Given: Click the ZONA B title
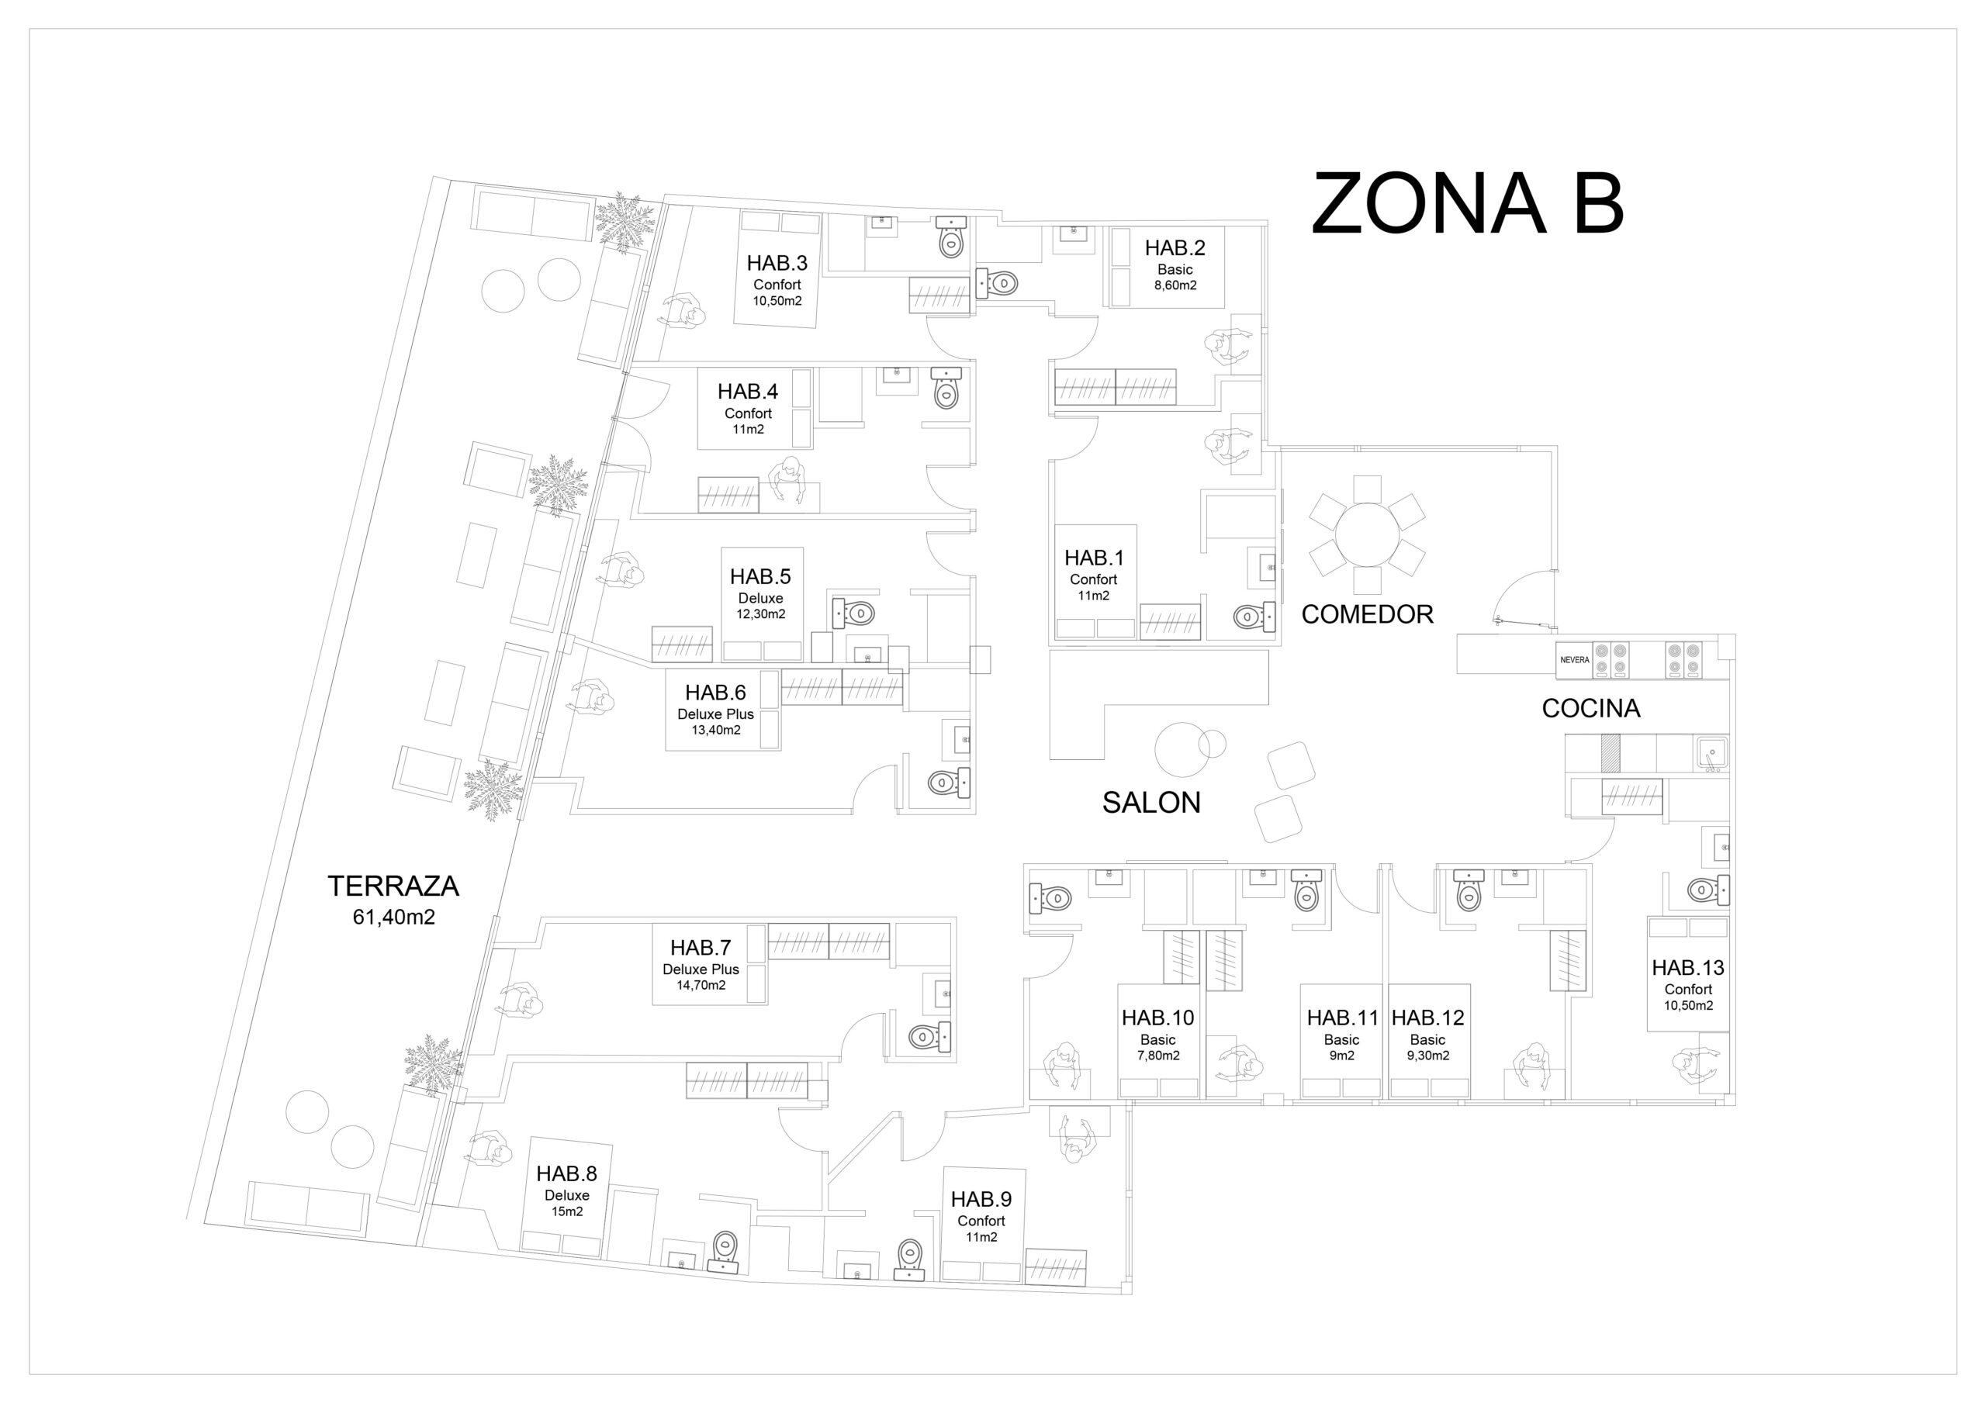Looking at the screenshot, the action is [1467, 203].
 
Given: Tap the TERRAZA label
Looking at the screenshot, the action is [393, 886].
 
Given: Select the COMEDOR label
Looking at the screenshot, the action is [1368, 614].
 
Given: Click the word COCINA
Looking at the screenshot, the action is [1590, 708].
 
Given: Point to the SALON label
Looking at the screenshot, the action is [1151, 803].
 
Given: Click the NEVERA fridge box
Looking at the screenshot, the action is [1574, 660].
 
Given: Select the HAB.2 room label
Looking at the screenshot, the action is [1175, 248].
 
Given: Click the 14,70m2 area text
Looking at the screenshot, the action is [701, 985].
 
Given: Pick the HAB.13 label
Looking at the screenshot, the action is [1687, 968].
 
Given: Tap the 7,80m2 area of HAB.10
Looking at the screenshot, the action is [1158, 1056].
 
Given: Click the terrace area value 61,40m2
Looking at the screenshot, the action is [393, 917].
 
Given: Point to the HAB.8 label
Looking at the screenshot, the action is [566, 1173].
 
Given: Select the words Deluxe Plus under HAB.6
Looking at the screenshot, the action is [715, 714].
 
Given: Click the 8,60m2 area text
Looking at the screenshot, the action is [1175, 285].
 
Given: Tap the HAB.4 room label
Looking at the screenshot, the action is [747, 392].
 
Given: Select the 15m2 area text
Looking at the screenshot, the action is [566, 1212].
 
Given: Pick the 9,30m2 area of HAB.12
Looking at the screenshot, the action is [1427, 1056].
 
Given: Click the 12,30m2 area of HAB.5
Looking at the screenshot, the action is [760, 614].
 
